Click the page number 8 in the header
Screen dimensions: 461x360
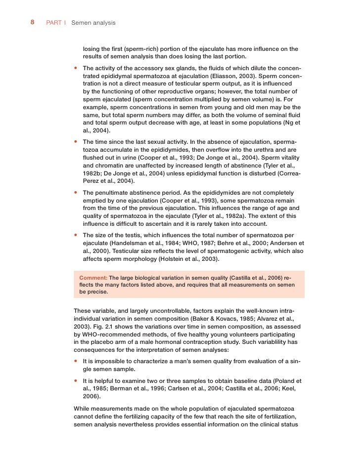[x=32, y=23]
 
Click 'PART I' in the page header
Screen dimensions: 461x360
[x=56, y=23]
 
